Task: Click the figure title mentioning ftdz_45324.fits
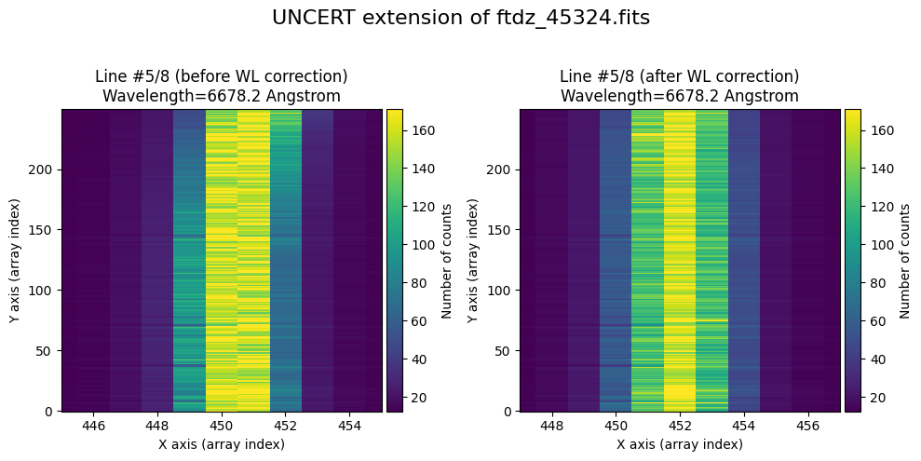pos(460,18)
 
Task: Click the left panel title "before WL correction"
pos(222,76)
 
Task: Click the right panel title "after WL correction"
pos(679,76)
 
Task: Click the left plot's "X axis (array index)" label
pos(222,444)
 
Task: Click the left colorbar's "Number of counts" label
pos(447,260)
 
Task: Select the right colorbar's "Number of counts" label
pos(904,260)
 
